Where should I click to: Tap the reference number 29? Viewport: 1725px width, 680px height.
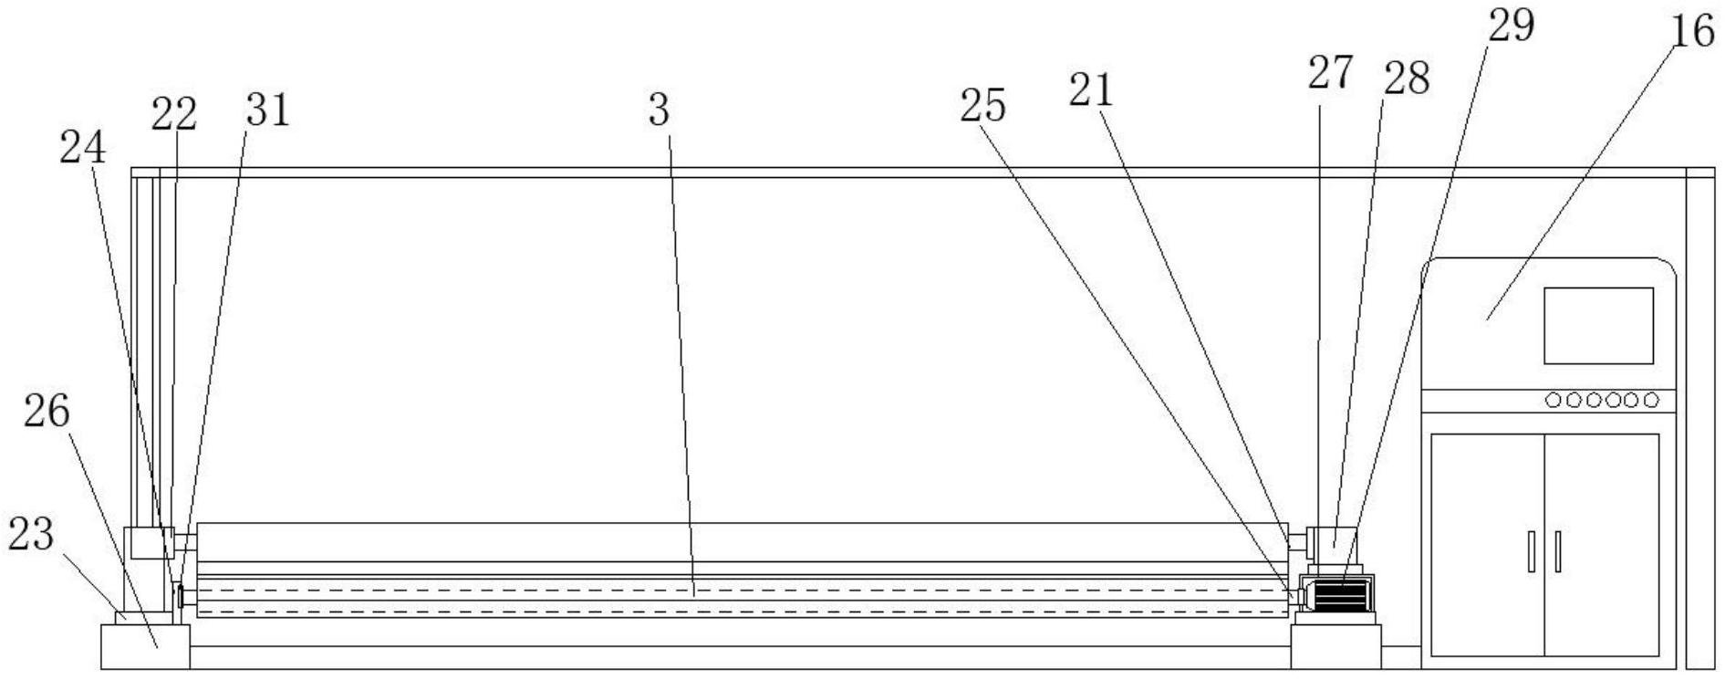pyautogui.click(x=1511, y=26)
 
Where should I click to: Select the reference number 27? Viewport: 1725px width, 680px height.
pyautogui.click(x=1329, y=73)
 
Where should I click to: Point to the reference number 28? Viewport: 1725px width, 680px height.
pyautogui.click(x=1406, y=78)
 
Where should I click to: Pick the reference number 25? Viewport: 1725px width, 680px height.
pyautogui.click(x=982, y=106)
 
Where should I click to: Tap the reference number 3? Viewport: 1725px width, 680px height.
pyautogui.click(x=659, y=110)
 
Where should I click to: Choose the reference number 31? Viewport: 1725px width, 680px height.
pyautogui.click(x=266, y=110)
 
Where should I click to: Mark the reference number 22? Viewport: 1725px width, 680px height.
pyautogui.click(x=173, y=115)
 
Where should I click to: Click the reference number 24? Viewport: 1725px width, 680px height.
pyautogui.click(x=82, y=148)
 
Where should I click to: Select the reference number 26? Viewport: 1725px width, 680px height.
pyautogui.click(x=47, y=412)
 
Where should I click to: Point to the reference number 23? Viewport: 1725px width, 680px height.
pyautogui.click(x=31, y=534)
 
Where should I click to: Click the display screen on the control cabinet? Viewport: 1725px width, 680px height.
pyautogui.click(x=1598, y=326)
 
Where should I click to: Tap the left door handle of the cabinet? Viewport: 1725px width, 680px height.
pyautogui.click(x=1532, y=551)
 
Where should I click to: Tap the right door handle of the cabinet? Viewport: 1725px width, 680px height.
pyautogui.click(x=1557, y=551)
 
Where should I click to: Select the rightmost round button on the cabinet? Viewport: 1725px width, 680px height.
pyautogui.click(x=1650, y=400)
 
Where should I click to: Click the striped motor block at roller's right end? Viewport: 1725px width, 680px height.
pyautogui.click(x=1338, y=597)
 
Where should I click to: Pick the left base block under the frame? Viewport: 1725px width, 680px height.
pyautogui.click(x=145, y=647)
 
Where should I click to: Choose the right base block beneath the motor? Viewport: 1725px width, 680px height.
pyautogui.click(x=1335, y=647)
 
